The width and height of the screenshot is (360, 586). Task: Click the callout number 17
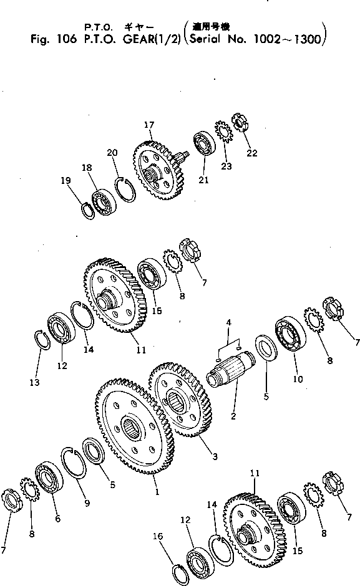148,125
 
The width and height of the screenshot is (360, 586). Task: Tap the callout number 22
252,153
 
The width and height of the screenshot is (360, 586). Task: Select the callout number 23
226,166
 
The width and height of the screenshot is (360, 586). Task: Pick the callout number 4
229,323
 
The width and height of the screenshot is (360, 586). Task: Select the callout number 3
214,457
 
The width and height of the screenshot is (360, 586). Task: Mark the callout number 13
35,382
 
